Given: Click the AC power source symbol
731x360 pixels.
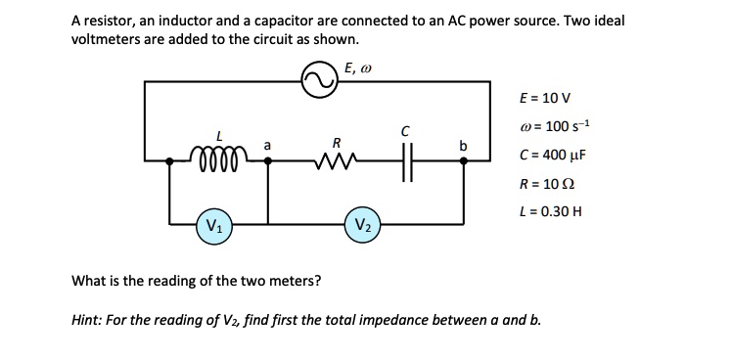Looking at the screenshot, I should tap(317, 82).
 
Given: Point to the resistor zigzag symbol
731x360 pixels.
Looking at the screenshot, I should tap(336, 160).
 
